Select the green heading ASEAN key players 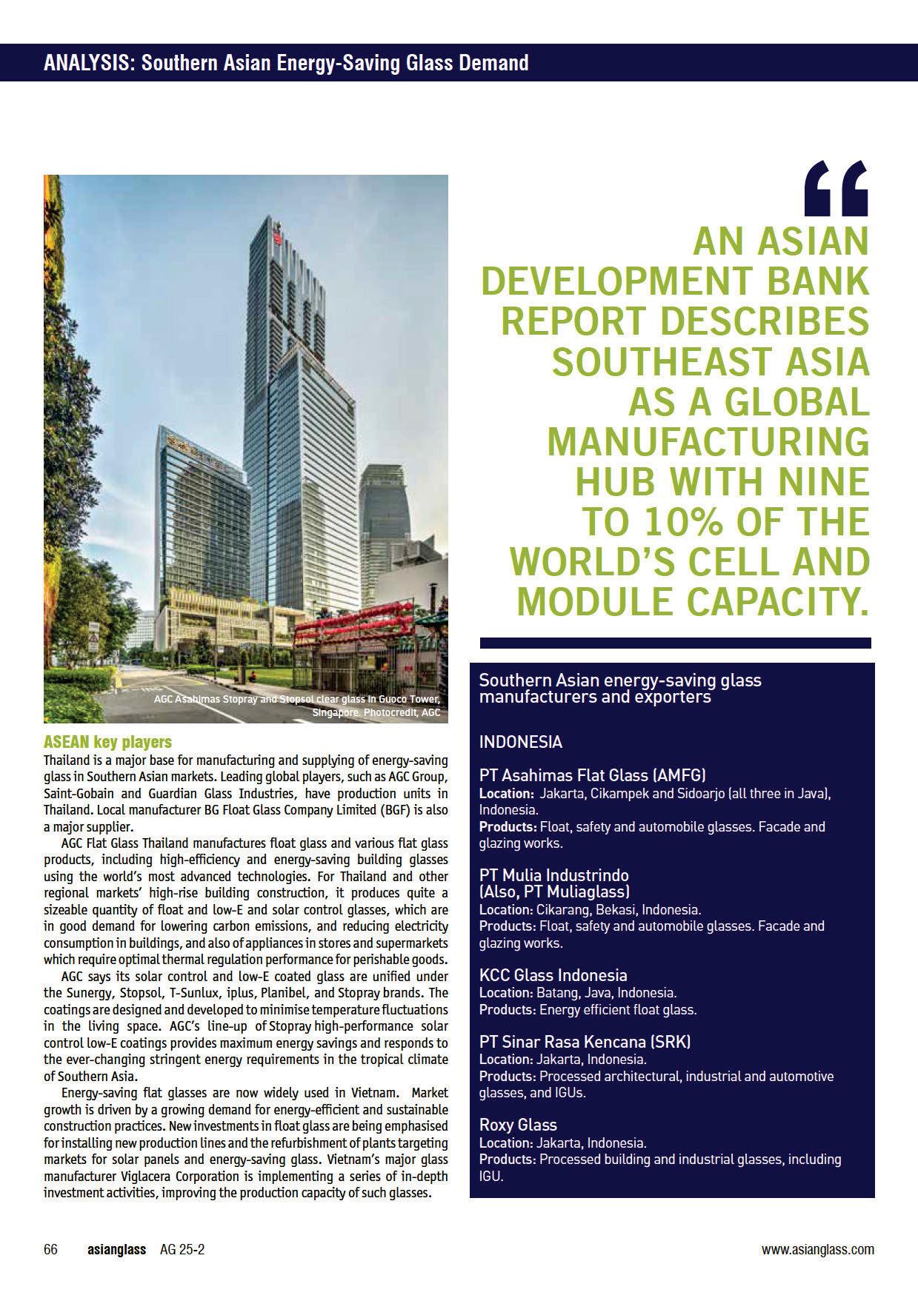(x=107, y=741)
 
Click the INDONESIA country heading (x=520, y=742)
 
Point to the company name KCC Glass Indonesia (x=553, y=975)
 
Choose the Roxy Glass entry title (x=518, y=1125)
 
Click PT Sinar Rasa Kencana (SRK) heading (x=585, y=1042)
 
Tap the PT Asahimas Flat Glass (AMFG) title (x=592, y=775)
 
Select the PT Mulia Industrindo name (x=553, y=875)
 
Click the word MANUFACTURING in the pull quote (x=708, y=441)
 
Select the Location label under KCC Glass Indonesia (x=506, y=993)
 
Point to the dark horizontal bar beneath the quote (x=674, y=643)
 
